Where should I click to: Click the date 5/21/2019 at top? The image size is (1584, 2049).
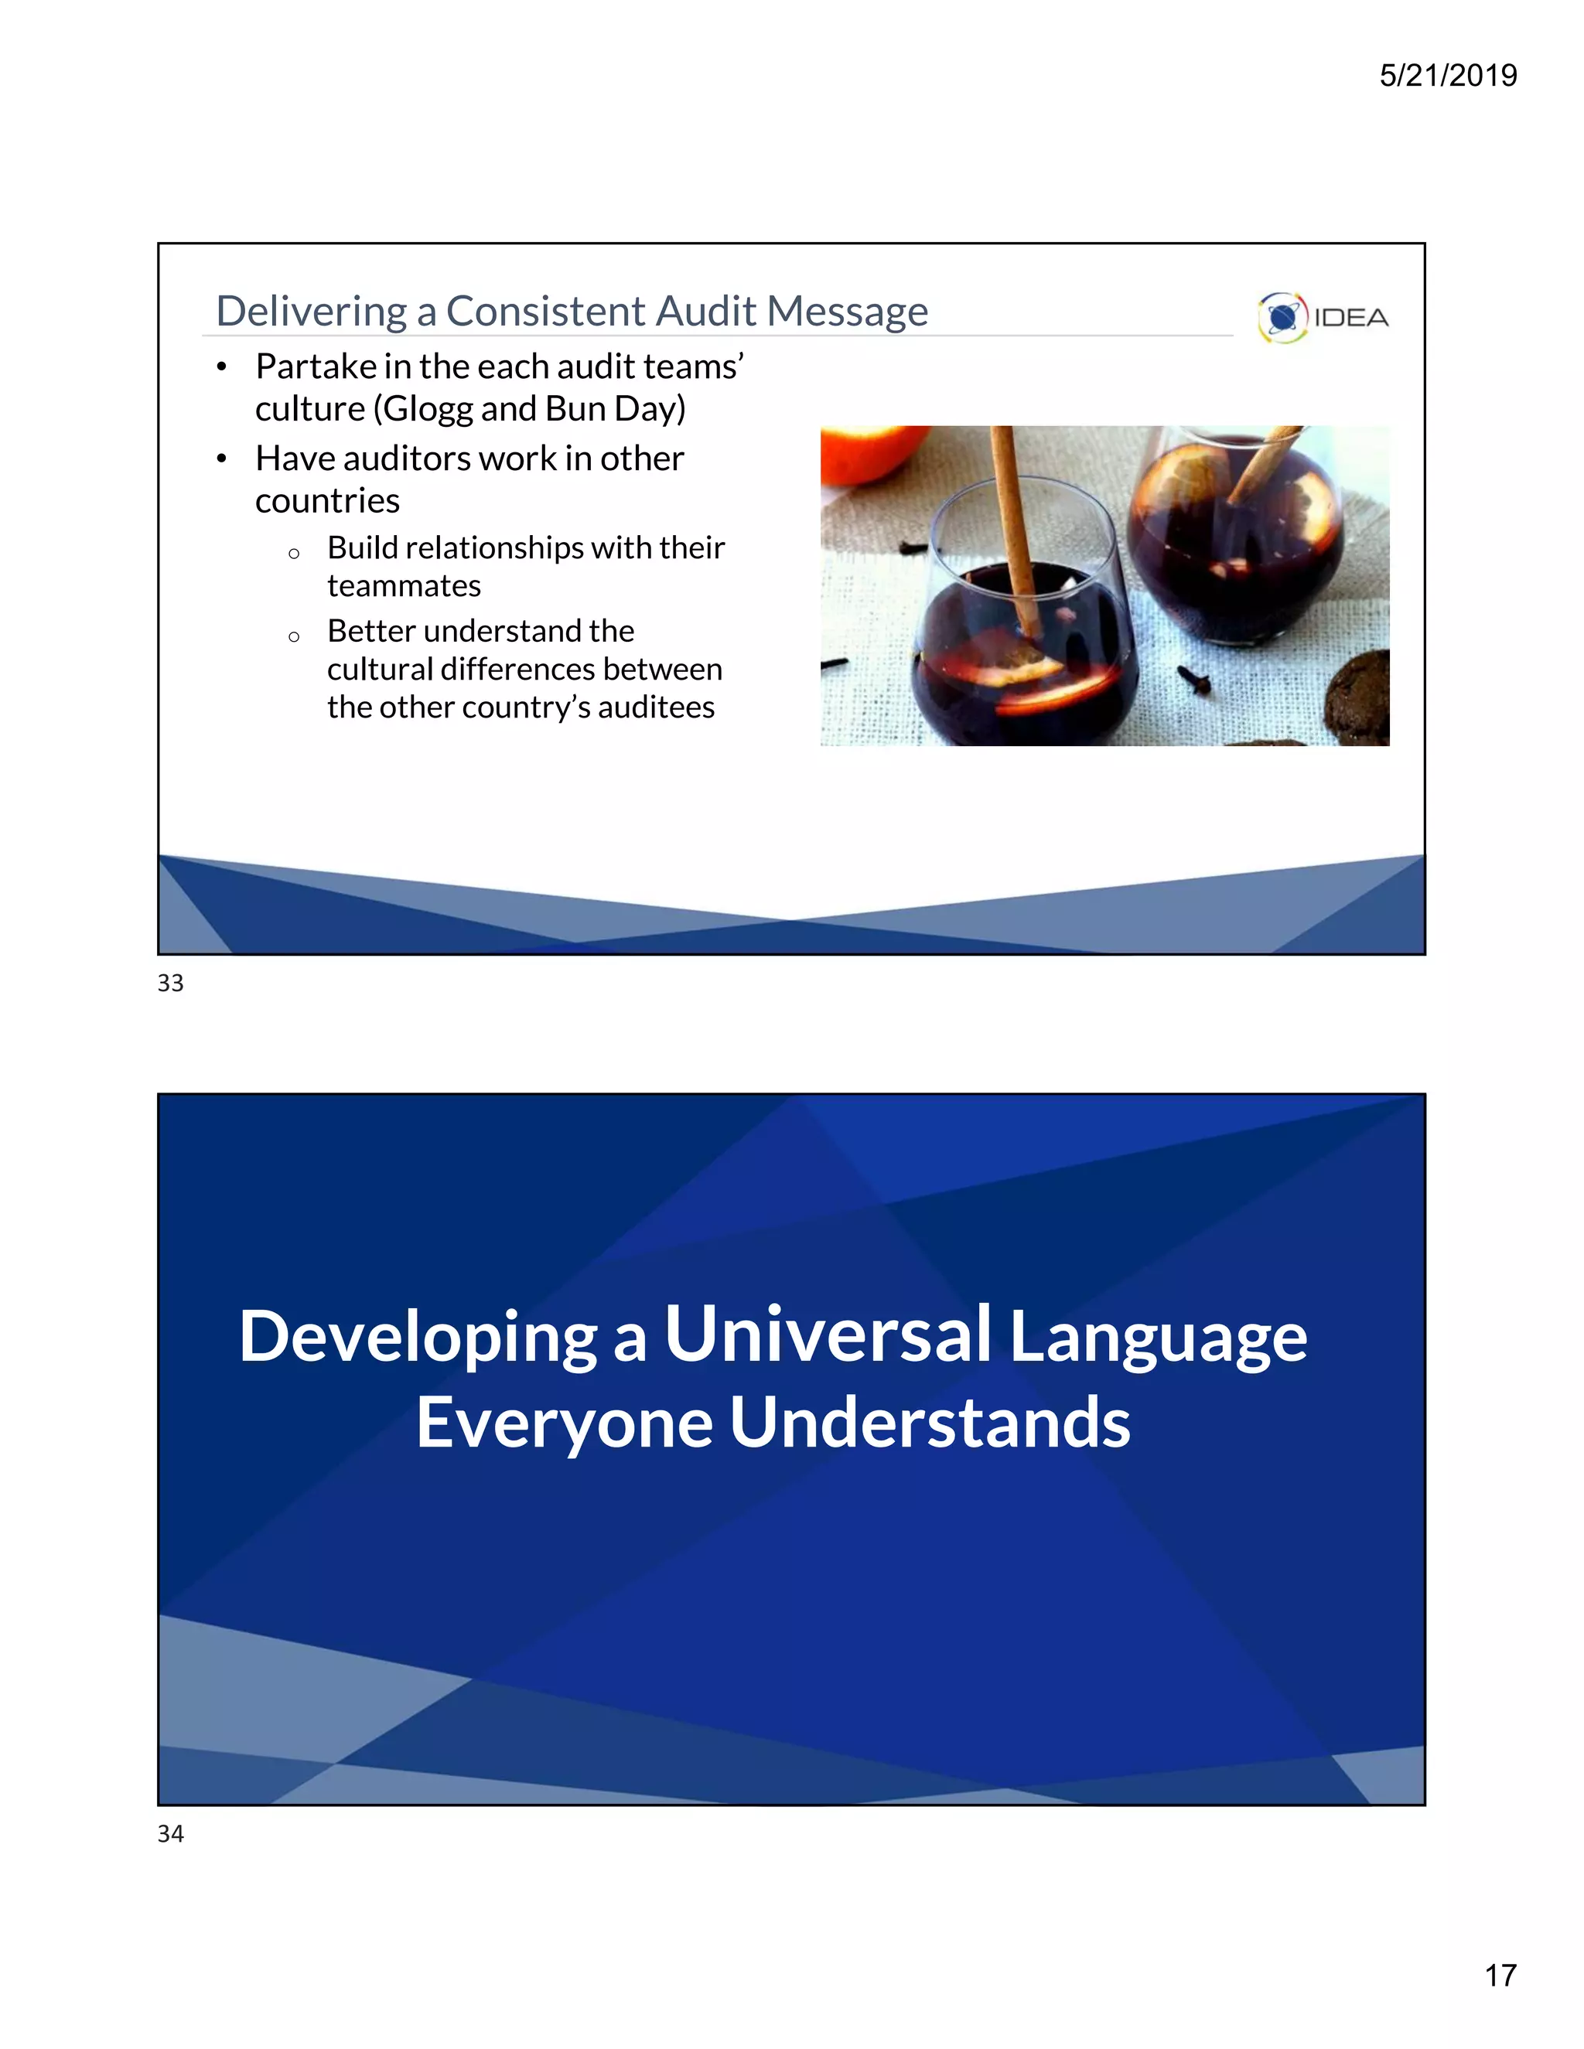(1447, 75)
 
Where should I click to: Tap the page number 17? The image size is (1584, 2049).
(1500, 1975)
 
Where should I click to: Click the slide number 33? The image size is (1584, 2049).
(171, 984)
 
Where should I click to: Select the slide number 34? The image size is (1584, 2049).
(171, 1834)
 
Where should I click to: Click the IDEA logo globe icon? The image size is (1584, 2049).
(1282, 317)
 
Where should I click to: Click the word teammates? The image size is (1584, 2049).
(404, 586)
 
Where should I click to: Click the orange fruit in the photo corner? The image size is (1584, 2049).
(863, 452)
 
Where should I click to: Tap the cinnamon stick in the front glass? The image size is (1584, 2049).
(1016, 525)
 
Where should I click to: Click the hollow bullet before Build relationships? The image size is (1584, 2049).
(294, 554)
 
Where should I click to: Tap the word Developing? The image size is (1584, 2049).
(418, 1336)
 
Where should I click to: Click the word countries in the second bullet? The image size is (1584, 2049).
(326, 501)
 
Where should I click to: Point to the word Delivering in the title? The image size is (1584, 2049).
(312, 312)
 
